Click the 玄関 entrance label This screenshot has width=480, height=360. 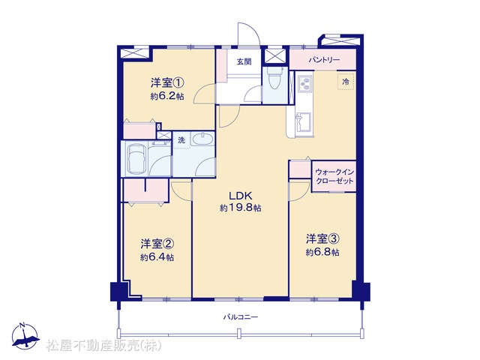(x=244, y=61)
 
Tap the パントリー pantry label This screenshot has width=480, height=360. (x=324, y=60)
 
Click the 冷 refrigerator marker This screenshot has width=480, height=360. (x=346, y=82)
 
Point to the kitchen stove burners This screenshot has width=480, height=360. (x=305, y=83)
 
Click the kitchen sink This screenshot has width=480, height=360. (x=303, y=121)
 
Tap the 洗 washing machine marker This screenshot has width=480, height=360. (x=181, y=140)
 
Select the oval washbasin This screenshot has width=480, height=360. (x=202, y=139)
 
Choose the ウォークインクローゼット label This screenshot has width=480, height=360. (x=334, y=176)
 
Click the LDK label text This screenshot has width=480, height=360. (x=240, y=195)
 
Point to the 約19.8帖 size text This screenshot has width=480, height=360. (x=240, y=208)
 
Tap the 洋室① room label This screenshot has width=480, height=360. (x=166, y=82)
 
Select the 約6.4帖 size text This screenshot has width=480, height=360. (x=157, y=257)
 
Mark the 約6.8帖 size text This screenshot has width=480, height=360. (x=322, y=252)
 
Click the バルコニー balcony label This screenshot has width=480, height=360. (x=240, y=316)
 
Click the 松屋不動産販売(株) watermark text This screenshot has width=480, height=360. (x=104, y=346)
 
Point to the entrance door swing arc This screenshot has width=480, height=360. (x=253, y=30)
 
